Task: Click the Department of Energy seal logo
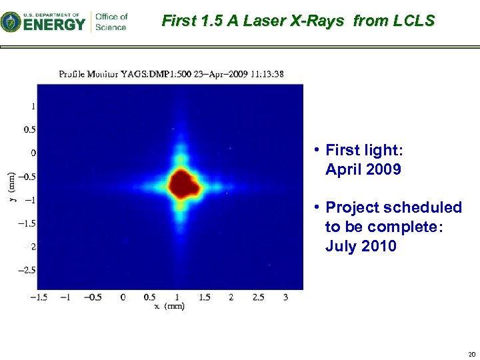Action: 11,22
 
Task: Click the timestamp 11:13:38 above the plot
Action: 266,74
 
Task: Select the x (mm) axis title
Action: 169,306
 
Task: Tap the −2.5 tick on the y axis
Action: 27,270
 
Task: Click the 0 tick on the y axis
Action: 33,153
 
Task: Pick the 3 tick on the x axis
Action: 285,297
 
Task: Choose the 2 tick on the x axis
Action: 231,297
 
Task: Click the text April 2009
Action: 363,169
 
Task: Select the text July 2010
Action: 361,247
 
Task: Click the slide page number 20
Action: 471,353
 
